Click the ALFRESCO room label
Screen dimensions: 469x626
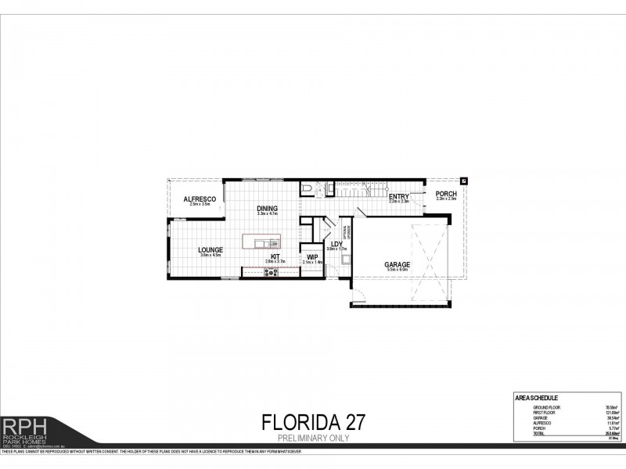point(199,199)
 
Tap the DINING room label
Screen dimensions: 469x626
point(268,208)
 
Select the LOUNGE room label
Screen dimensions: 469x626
point(210,249)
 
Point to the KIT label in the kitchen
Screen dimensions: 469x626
point(275,256)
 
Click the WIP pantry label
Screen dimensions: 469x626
point(312,256)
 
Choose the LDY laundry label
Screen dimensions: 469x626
point(336,244)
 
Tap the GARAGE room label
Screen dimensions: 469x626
point(398,265)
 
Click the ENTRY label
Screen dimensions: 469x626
point(399,196)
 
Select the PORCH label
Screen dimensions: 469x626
point(446,194)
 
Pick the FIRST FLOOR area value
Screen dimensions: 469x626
point(601,412)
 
